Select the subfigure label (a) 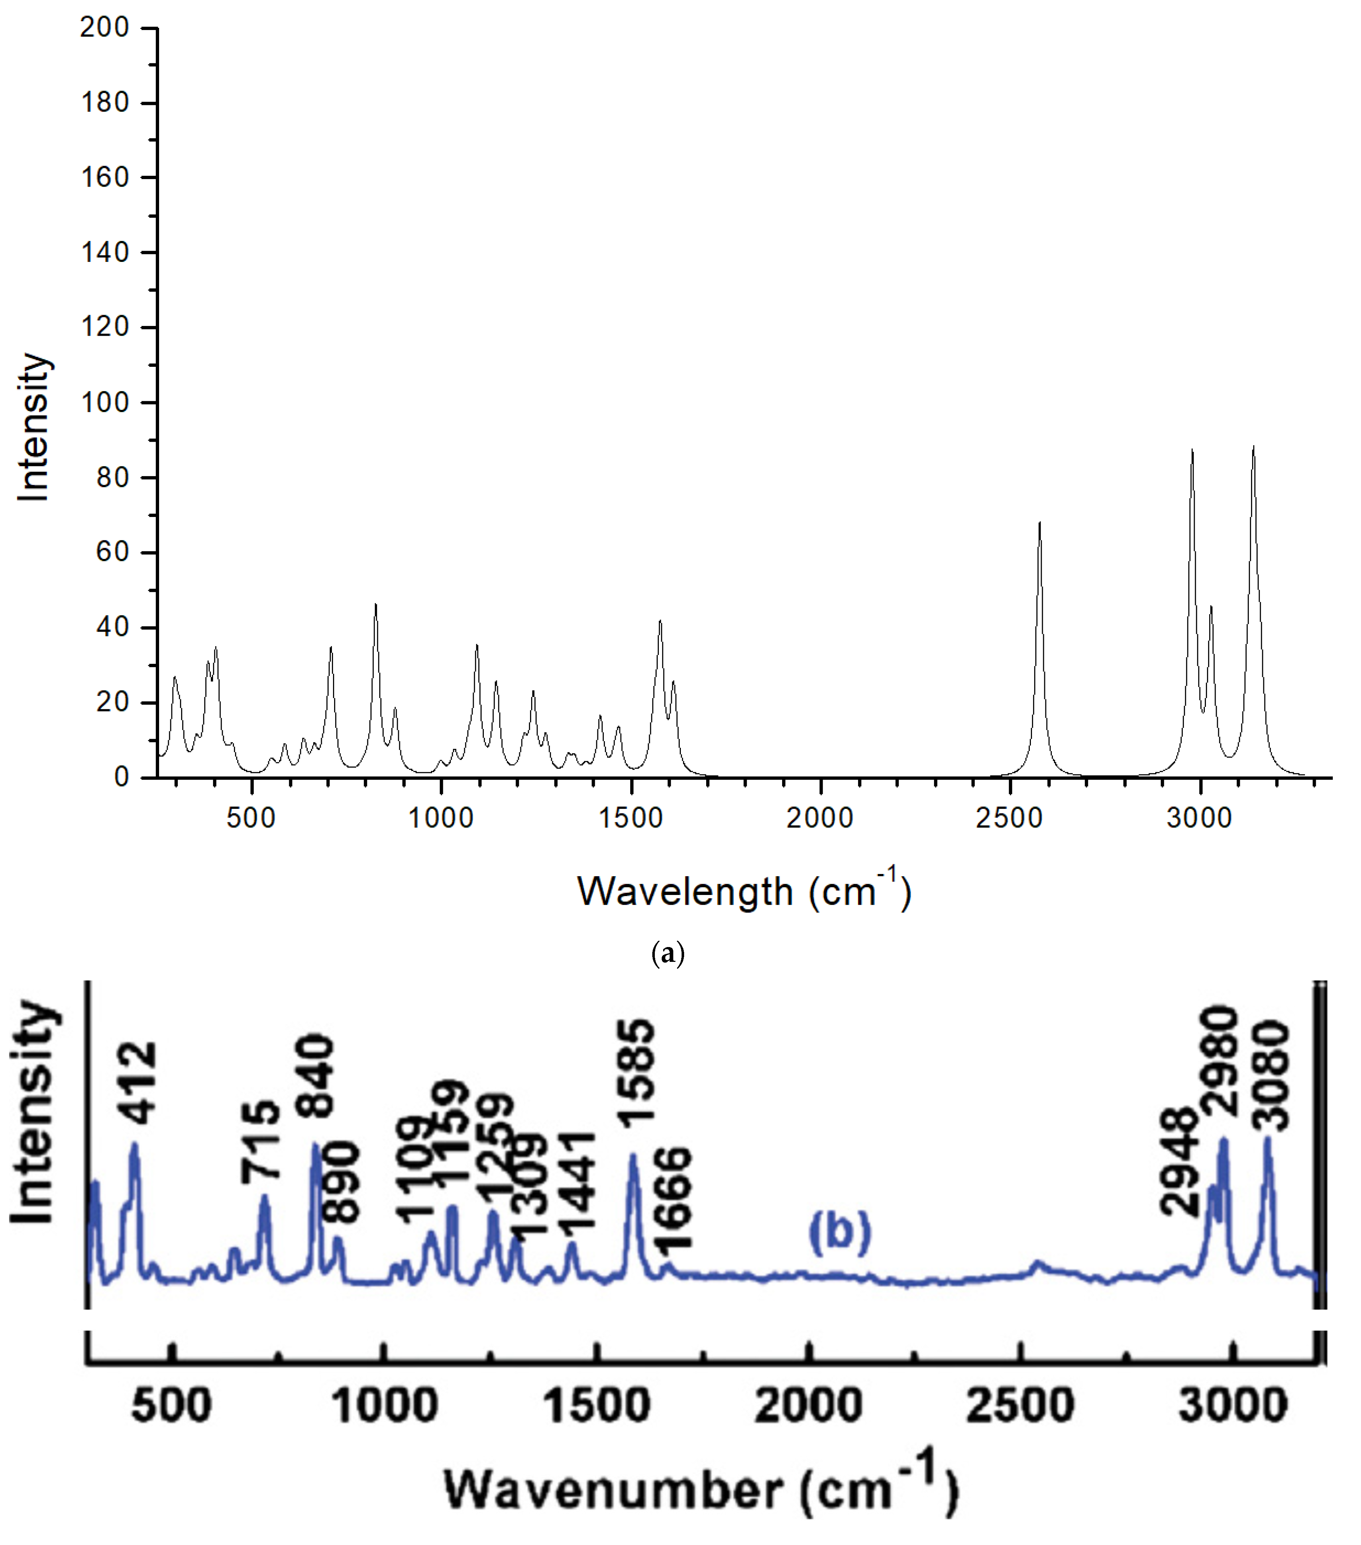(x=668, y=954)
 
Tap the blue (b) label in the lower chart (x=840, y=1232)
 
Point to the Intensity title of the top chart (x=34, y=427)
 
